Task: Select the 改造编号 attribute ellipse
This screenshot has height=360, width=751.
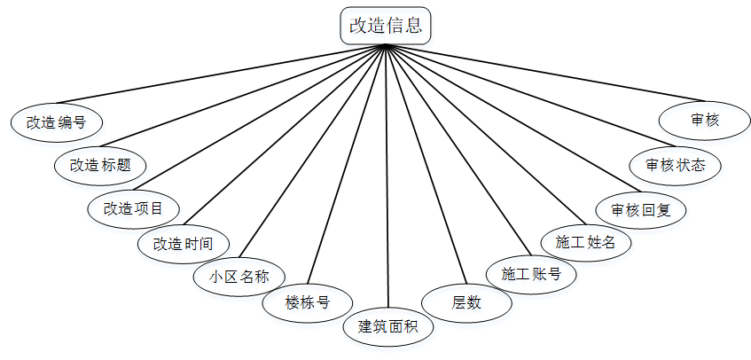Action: pyautogui.click(x=56, y=122)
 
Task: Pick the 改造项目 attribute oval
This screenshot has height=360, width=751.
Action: pyautogui.click(x=134, y=208)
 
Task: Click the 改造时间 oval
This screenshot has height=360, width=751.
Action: pyautogui.click(x=184, y=243)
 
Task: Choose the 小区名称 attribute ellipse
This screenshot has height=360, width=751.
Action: pyautogui.click(x=239, y=275)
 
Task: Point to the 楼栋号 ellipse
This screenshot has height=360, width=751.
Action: pyautogui.click(x=308, y=302)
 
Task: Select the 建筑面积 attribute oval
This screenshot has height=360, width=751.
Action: pyautogui.click(x=388, y=325)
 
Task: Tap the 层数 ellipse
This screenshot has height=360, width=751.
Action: pyautogui.click(x=466, y=302)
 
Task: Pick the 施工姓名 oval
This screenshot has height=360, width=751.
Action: pyautogui.click(x=585, y=241)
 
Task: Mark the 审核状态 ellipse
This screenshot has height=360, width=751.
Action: pyautogui.click(x=676, y=165)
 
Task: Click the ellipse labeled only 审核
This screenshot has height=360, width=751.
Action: pyautogui.click(x=705, y=121)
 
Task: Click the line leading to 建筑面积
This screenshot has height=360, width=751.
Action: pyautogui.click(x=387, y=177)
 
